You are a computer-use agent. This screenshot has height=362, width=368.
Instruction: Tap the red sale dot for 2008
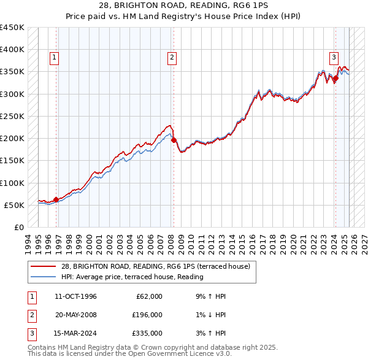click(174, 140)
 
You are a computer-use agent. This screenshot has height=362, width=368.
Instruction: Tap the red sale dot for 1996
click(56, 199)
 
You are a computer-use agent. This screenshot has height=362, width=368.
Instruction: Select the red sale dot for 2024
click(335, 78)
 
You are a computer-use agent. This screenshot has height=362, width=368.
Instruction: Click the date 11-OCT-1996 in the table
click(75, 297)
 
